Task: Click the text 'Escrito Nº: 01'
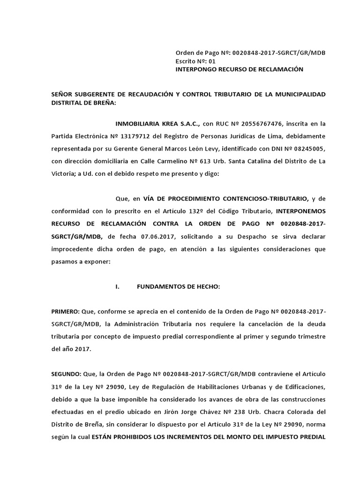[195, 61]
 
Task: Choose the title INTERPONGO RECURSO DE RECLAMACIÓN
[239, 69]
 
